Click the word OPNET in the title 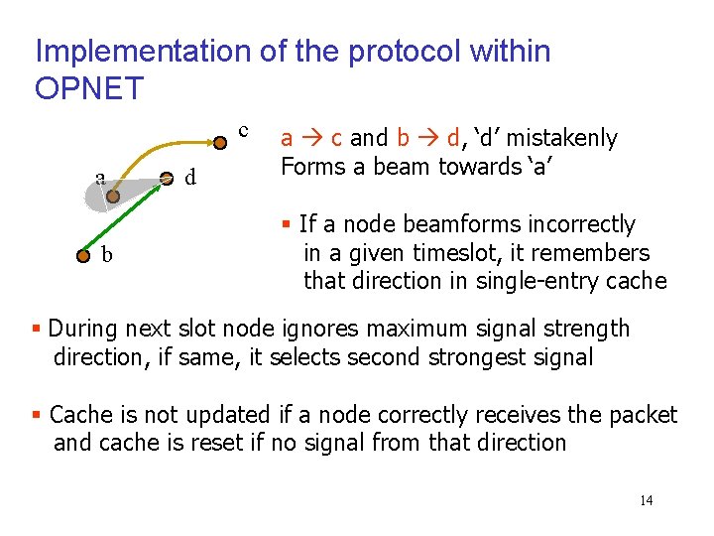pyautogui.click(x=89, y=88)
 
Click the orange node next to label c pyautogui.click(x=220, y=141)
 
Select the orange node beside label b pyautogui.click(x=83, y=255)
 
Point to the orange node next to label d pyautogui.click(x=167, y=179)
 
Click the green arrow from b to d pyautogui.click(x=124, y=217)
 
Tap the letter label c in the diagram pyautogui.click(x=243, y=130)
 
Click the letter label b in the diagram pyautogui.click(x=106, y=255)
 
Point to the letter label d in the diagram pyautogui.click(x=189, y=179)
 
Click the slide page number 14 pyautogui.click(x=646, y=500)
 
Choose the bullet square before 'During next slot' pyautogui.click(x=37, y=329)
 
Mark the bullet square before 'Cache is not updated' pyautogui.click(x=37, y=415)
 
